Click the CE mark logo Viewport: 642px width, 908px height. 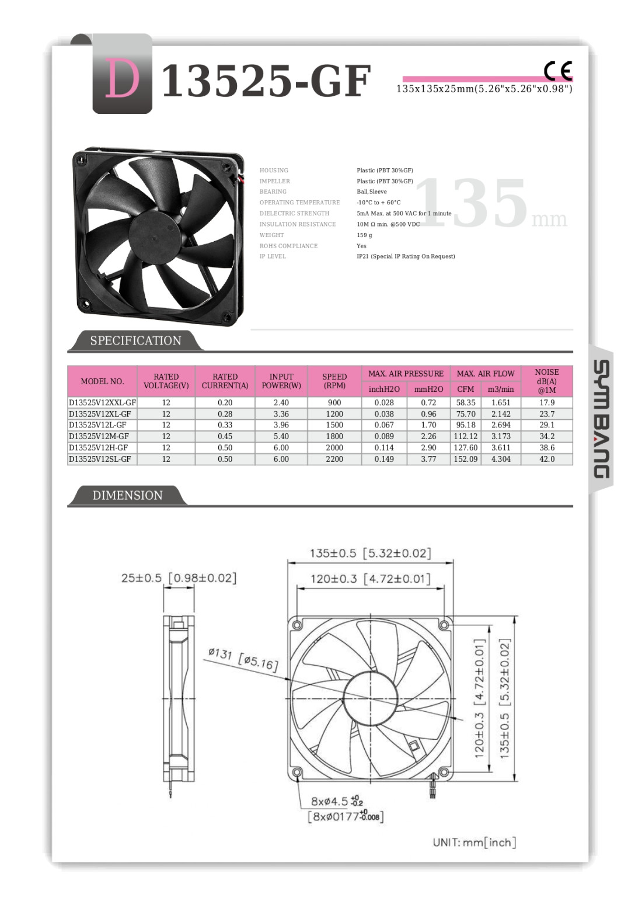click(558, 71)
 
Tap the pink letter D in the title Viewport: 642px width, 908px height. click(122, 79)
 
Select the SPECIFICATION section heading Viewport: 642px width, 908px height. click(135, 340)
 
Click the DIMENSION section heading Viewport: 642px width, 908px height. click(127, 495)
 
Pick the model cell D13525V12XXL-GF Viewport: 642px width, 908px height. click(102, 402)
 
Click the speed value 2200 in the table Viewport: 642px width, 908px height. click(334, 459)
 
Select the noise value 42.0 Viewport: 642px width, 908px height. click(547, 459)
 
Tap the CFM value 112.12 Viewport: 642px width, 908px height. click(465, 436)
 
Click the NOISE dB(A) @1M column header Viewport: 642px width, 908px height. click(547, 381)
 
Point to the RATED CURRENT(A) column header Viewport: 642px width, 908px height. click(225, 381)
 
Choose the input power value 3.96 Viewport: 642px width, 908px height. click(281, 425)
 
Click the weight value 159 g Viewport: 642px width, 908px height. click(364, 235)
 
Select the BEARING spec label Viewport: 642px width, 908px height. click(273, 192)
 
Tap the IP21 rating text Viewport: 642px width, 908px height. click(406, 256)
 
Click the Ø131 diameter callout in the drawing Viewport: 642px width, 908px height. click(243, 659)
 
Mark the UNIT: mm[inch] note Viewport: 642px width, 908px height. click(474, 842)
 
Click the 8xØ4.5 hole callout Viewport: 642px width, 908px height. click(337, 802)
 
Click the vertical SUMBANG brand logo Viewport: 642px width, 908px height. click(601, 419)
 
